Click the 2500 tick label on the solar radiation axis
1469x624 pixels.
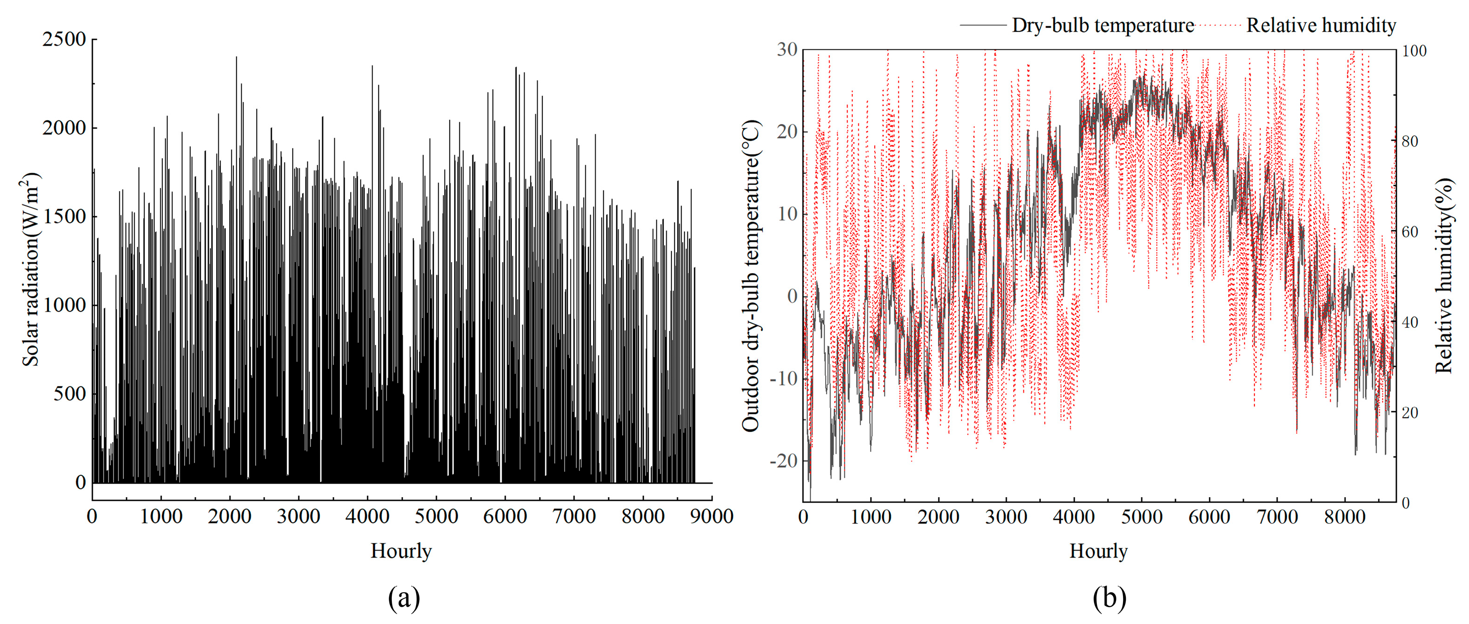click(64, 39)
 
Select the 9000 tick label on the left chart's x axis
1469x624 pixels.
click(711, 517)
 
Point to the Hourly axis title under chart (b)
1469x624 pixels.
click(1098, 551)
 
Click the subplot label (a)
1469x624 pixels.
click(404, 598)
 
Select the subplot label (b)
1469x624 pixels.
click(1109, 598)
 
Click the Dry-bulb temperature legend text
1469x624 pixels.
click(1103, 26)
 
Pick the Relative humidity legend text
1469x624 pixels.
click(1321, 25)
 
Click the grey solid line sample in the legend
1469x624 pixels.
click(983, 25)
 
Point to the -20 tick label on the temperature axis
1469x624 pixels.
click(784, 461)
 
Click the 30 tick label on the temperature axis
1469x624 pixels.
click(787, 50)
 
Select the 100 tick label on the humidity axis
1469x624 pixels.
click(1414, 51)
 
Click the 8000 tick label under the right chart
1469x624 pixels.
click(1344, 517)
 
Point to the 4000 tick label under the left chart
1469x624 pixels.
click(367, 517)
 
